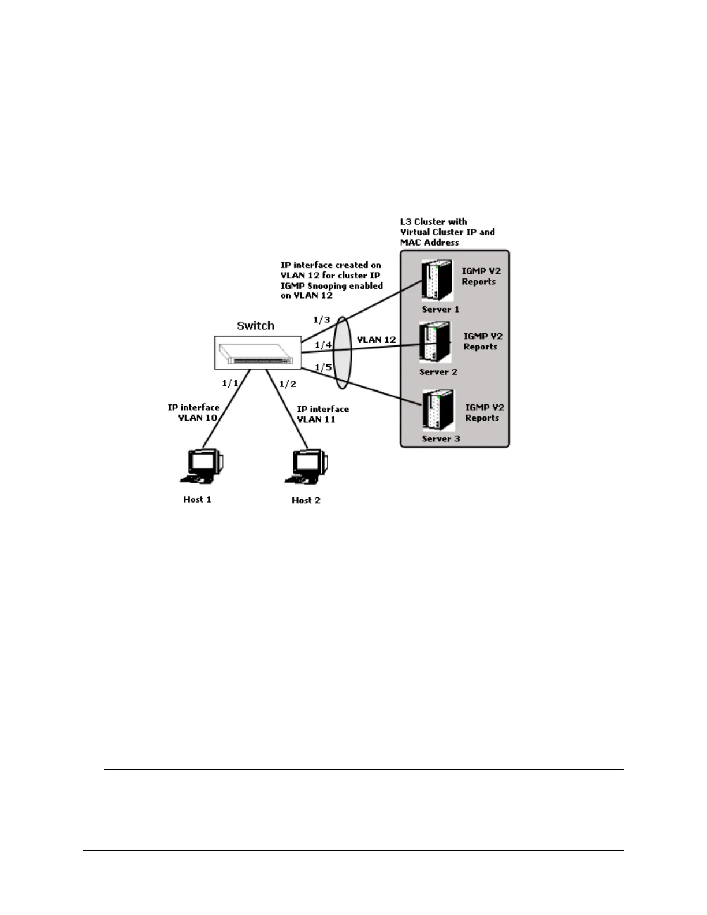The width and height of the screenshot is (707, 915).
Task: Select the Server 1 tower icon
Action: [437, 280]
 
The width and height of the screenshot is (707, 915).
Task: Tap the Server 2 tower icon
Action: [435, 343]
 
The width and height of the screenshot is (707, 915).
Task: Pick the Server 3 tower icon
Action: [438, 410]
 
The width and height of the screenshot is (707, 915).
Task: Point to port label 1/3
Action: [321, 319]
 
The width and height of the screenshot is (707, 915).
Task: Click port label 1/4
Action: [323, 345]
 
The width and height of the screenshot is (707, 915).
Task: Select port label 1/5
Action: [323, 367]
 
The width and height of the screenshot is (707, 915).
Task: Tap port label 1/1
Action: [230, 383]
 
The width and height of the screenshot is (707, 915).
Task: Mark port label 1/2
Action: [288, 384]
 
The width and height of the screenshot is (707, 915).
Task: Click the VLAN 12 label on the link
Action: [376, 340]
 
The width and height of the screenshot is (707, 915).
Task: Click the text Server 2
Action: [438, 372]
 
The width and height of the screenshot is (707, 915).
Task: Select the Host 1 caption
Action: [197, 499]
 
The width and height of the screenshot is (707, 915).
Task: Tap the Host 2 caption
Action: [306, 500]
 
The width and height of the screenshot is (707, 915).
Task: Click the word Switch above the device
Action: [255, 326]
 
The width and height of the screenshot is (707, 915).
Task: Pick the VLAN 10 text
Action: [198, 418]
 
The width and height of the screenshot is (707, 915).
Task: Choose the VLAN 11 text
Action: [316, 419]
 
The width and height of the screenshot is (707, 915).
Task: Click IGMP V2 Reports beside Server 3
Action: [484, 412]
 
